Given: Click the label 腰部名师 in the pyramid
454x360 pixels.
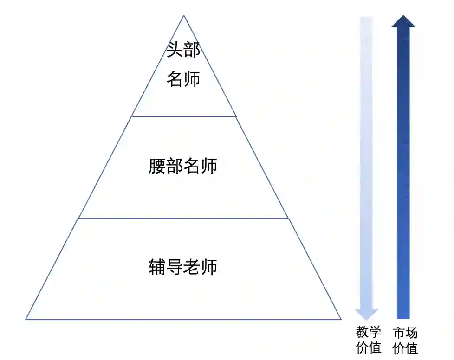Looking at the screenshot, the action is [x=183, y=166].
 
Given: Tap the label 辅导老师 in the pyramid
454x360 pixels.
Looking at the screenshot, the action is [x=183, y=268].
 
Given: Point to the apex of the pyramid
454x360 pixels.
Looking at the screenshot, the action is [x=184, y=16].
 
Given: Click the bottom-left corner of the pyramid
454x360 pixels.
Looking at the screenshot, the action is [x=26, y=319].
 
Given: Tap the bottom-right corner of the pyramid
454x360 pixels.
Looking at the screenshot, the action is [x=341, y=319].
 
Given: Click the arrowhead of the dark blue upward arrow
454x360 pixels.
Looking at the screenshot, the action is [x=403, y=21].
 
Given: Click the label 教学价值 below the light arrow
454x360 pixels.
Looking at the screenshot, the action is [x=369, y=340].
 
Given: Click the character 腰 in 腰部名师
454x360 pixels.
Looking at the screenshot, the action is [x=157, y=166].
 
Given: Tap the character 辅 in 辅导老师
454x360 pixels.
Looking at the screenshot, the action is [x=157, y=268].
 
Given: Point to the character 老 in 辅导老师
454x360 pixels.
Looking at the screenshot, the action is [x=192, y=268].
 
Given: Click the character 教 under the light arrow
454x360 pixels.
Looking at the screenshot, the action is [x=362, y=333].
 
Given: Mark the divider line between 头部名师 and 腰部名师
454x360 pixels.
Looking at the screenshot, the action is [x=184, y=116].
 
